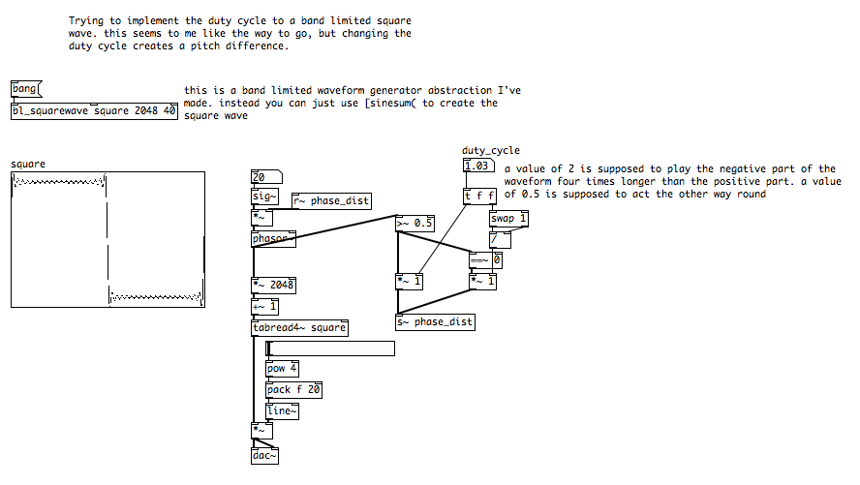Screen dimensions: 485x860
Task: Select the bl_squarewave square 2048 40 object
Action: (x=94, y=110)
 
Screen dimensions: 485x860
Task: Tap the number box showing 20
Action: (x=264, y=177)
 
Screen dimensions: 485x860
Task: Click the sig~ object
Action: (x=264, y=197)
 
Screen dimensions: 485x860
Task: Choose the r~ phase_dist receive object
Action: (x=330, y=200)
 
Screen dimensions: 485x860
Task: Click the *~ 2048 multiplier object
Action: (x=273, y=286)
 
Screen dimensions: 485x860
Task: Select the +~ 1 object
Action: (x=264, y=307)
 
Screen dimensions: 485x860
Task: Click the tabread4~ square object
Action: (x=298, y=327)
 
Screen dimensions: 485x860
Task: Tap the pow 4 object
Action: (x=282, y=369)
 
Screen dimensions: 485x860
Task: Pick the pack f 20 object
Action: (x=293, y=390)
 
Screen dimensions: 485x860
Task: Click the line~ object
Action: (x=282, y=411)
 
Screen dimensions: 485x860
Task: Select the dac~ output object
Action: (x=263, y=454)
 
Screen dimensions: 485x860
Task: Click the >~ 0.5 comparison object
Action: (x=415, y=224)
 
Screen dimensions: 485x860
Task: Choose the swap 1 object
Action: (x=508, y=219)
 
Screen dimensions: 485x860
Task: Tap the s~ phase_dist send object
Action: (x=435, y=322)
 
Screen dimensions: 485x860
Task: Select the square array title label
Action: (x=28, y=165)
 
